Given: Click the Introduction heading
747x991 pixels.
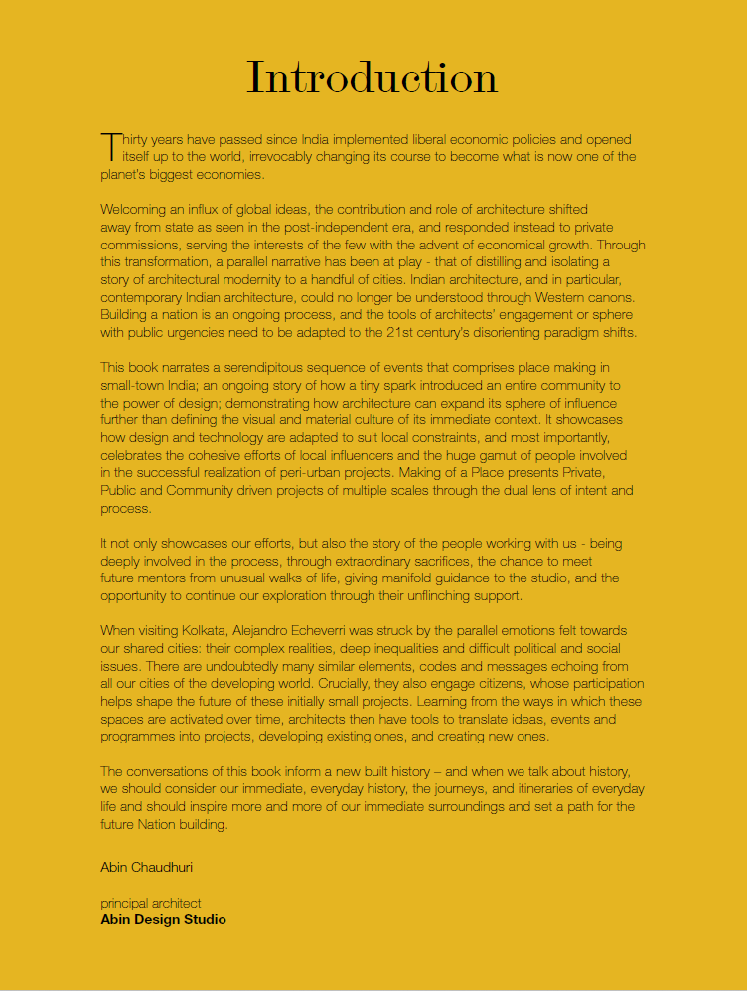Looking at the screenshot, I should tap(372, 78).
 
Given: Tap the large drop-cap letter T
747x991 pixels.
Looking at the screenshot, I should tap(109, 146).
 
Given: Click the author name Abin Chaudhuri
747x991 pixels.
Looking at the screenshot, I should tap(147, 867).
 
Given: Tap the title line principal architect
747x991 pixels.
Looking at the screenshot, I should tap(151, 903).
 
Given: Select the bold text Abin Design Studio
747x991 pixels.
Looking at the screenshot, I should tap(163, 919).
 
